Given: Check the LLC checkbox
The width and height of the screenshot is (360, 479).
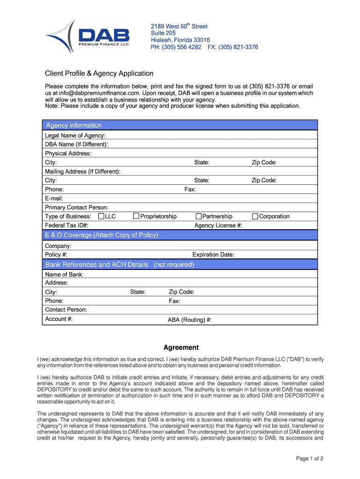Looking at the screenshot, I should coord(101,216).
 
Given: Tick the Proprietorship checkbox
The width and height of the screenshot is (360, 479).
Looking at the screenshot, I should coord(136,216).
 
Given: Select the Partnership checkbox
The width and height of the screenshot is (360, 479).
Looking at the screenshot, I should coord(198,216).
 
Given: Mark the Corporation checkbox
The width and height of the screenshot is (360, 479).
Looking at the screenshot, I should coord(255,216).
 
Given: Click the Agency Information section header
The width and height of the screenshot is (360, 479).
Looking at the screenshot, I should coord(73,125).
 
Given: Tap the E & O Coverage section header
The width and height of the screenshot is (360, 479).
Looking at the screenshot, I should coord(101,235).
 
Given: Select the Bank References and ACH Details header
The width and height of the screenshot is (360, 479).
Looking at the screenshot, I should coord(119,265).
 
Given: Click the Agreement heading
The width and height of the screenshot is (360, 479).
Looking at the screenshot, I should coord(181,348).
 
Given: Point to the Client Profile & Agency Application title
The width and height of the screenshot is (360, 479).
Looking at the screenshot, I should coord(99,73).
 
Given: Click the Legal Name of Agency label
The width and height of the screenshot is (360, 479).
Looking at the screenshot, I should coord(75,136).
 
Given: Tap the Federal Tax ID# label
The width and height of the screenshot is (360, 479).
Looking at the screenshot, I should coord(66,225).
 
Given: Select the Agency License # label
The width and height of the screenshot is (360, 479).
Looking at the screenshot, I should coord(218,225).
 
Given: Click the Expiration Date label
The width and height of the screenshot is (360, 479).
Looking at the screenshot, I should coord(213,255).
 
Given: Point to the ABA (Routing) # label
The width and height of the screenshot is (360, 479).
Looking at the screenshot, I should coord(189,320).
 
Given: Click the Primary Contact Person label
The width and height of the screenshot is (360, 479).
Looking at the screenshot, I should coord(77,207).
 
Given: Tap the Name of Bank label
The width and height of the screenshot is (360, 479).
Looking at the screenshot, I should coord(64,275).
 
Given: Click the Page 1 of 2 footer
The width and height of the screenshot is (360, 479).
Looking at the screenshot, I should coord(310,458).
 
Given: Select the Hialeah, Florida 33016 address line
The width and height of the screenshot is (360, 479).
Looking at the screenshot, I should coord(180,40).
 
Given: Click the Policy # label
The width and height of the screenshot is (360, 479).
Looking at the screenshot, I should coord(56,255).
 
